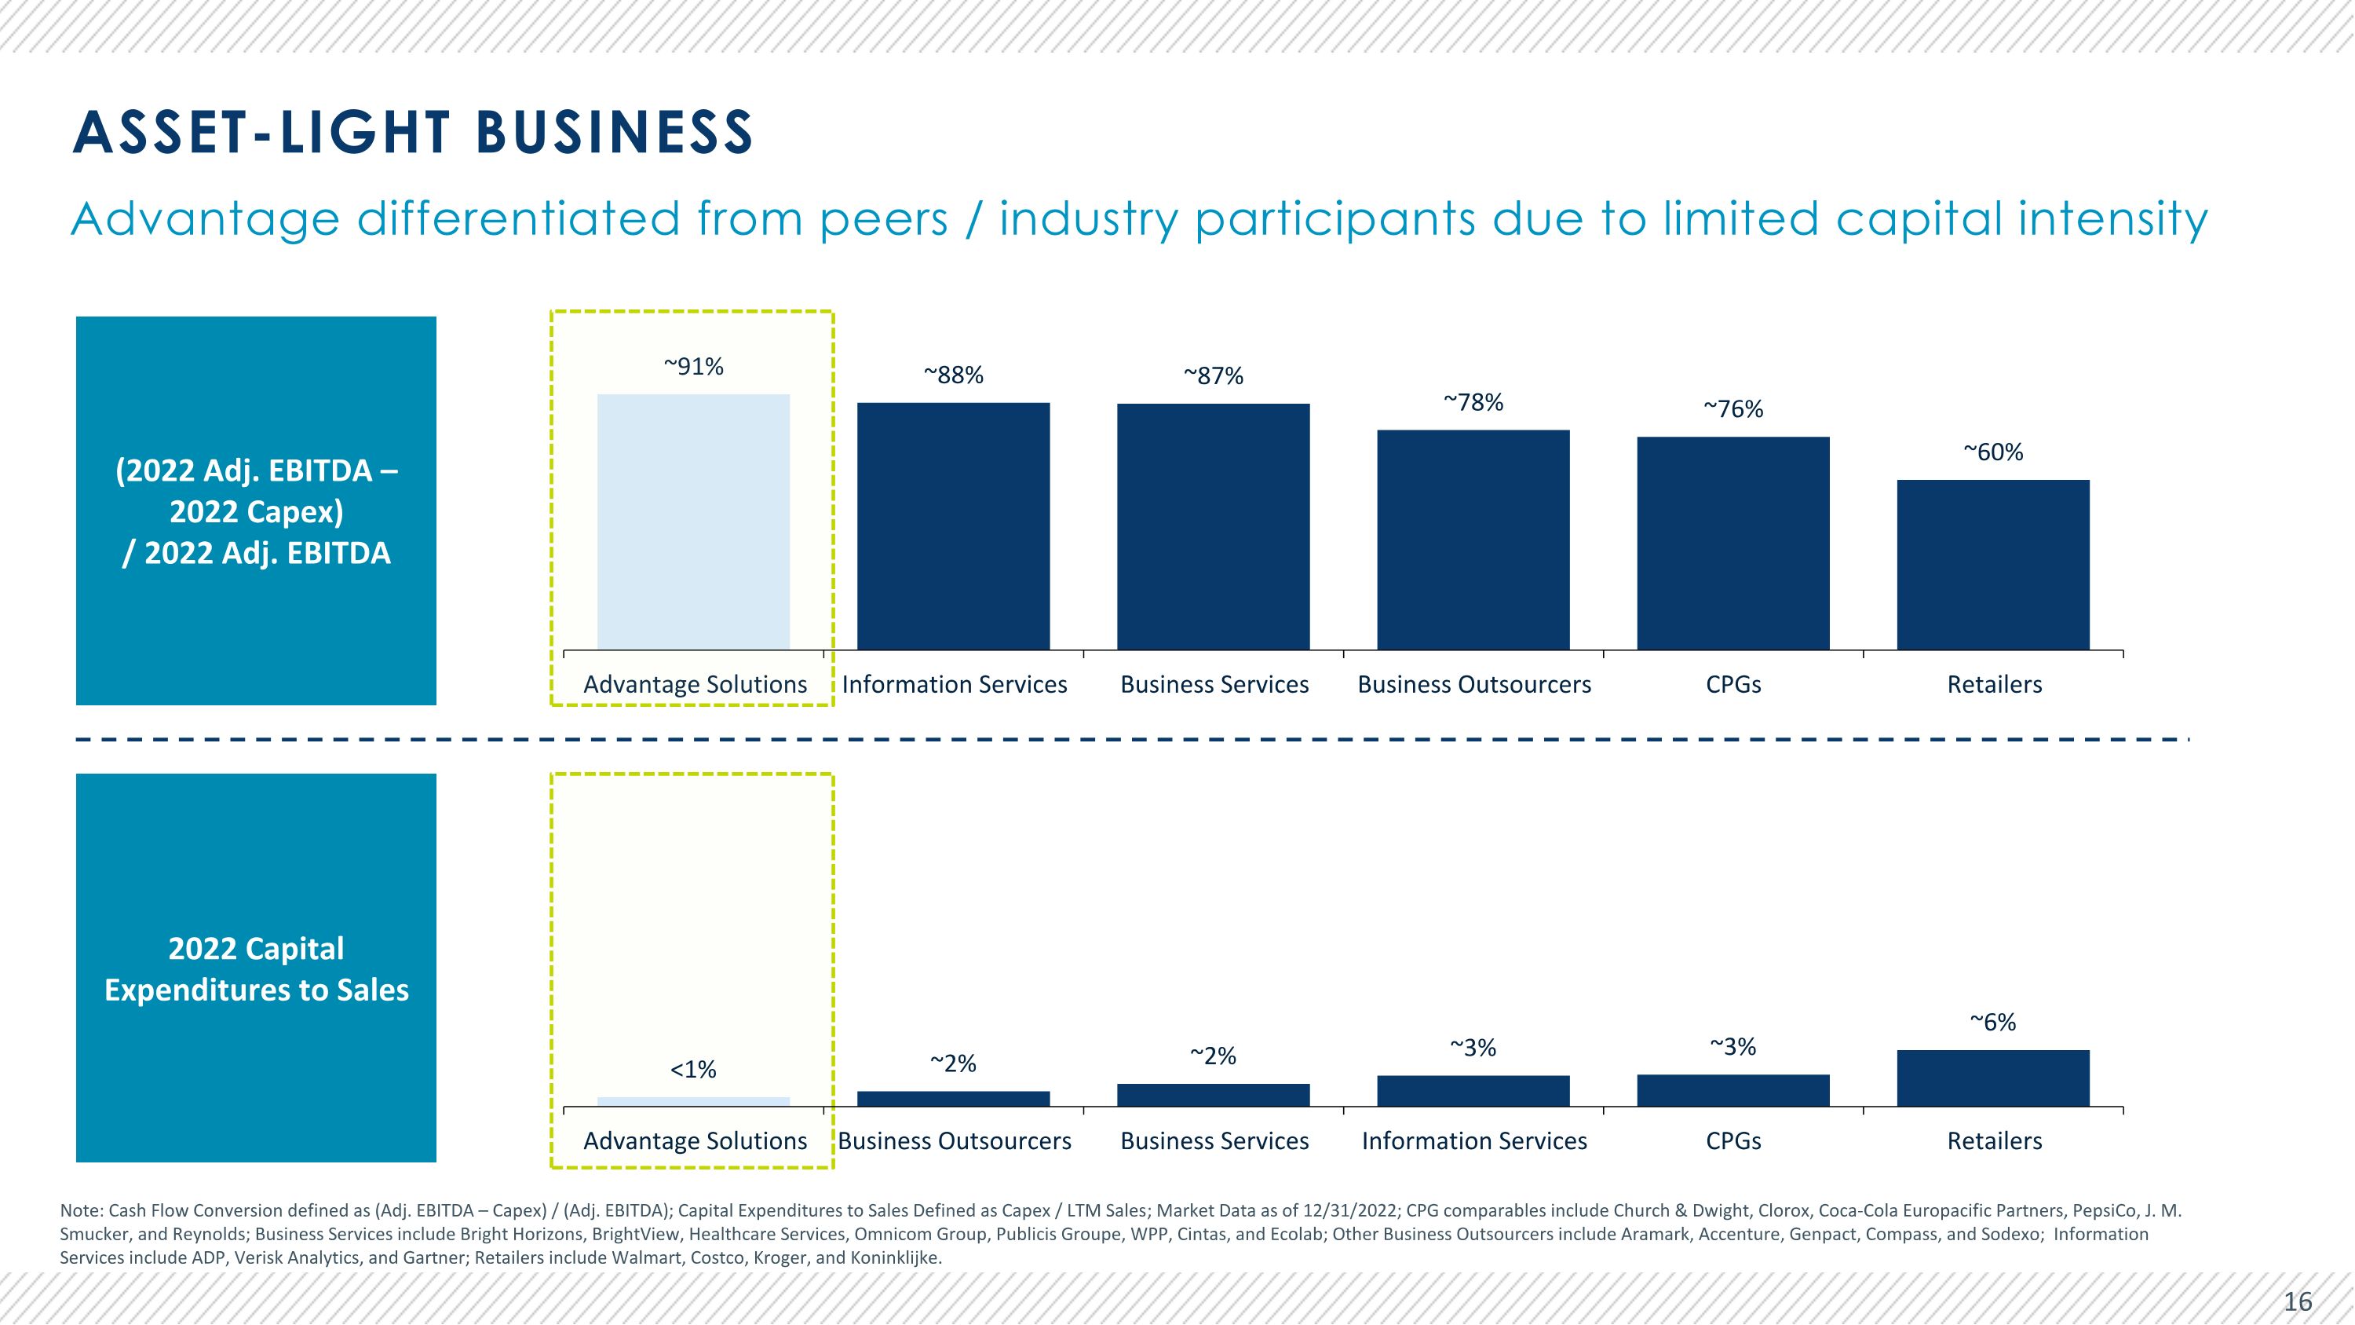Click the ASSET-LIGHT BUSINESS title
pyautogui.click(x=412, y=132)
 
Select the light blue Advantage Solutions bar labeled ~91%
pyautogui.click(x=693, y=522)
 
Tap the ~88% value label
pyautogui.click(x=954, y=375)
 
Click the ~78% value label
pyautogui.click(x=1473, y=402)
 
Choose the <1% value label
pyautogui.click(x=693, y=1069)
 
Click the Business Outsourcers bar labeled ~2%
pyautogui.click(x=954, y=1098)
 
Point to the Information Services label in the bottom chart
pyautogui.click(x=1473, y=1140)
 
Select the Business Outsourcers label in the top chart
pyautogui.click(x=1473, y=684)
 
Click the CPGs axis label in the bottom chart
pyautogui.click(x=1733, y=1140)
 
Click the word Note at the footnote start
pyautogui.click(x=82, y=1210)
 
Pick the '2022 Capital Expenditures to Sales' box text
pyautogui.click(x=256, y=968)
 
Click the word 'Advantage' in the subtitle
pyautogui.click(x=205, y=221)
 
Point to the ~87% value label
pyautogui.click(x=1213, y=376)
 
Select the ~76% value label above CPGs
pyautogui.click(x=1733, y=408)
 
